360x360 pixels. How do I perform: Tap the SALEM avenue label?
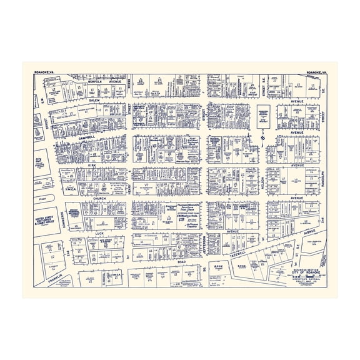(94, 100)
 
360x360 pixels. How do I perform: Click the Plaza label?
(42, 194)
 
